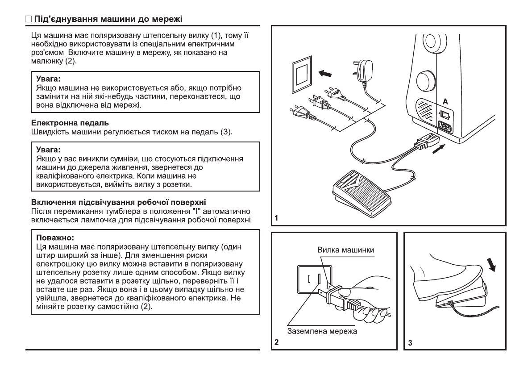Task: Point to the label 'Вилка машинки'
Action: click(346, 251)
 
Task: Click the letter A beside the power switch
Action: click(445, 101)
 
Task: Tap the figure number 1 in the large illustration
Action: click(277, 218)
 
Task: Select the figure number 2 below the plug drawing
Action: click(277, 343)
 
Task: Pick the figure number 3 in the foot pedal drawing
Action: click(411, 343)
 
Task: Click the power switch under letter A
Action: click(444, 113)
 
